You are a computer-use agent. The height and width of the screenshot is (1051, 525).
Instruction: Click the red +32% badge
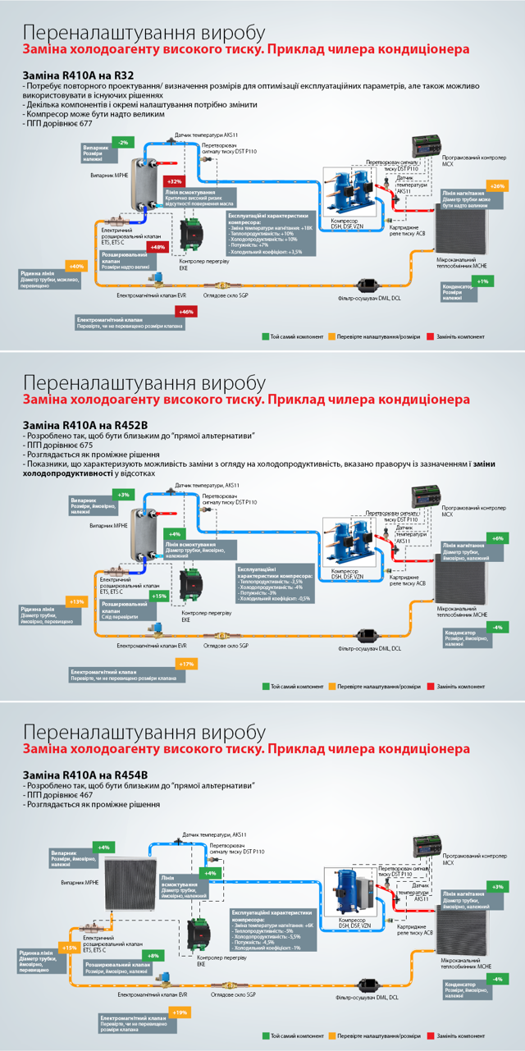pyautogui.click(x=174, y=181)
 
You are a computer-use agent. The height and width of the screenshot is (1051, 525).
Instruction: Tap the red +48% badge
pyautogui.click(x=157, y=247)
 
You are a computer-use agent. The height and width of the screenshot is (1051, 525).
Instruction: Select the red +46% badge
pyautogui.click(x=186, y=312)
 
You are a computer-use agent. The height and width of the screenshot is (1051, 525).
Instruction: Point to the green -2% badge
pyautogui.click(x=123, y=142)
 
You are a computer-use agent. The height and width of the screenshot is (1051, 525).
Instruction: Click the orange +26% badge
pyautogui.click(x=498, y=186)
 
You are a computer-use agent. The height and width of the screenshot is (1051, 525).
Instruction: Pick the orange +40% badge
pyautogui.click(x=77, y=267)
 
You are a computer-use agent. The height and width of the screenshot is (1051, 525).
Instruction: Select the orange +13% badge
pyautogui.click(x=77, y=601)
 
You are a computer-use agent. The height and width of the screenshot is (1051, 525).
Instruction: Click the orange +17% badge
pyautogui.click(x=186, y=663)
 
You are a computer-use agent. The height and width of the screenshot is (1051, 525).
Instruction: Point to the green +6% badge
pyautogui.click(x=497, y=538)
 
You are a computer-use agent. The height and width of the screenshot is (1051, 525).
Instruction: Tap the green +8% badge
pyautogui.click(x=153, y=957)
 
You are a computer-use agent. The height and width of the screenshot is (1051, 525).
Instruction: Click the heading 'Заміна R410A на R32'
pyautogui.click(x=78, y=75)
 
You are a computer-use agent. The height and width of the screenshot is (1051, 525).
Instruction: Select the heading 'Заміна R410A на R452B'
pyautogui.click(x=84, y=424)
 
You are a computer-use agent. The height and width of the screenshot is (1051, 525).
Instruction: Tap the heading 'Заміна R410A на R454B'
pyautogui.click(x=84, y=775)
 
